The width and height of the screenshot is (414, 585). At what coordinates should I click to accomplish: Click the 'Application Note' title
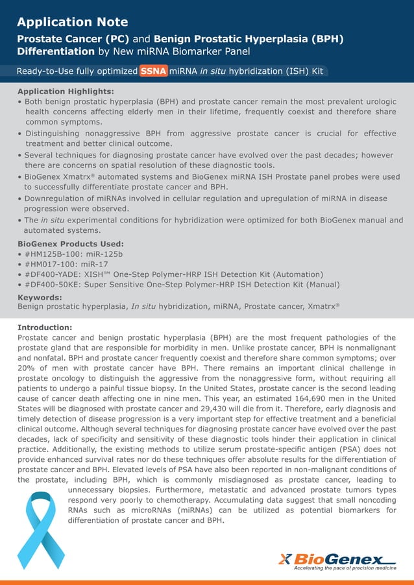click(72, 22)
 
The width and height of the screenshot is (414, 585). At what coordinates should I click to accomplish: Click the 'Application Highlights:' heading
click(66, 91)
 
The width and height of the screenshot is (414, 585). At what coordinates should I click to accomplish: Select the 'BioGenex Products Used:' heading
click(71, 244)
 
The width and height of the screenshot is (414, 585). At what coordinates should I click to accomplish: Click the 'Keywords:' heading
click(40, 296)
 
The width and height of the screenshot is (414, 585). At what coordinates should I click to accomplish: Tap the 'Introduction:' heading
click(45, 328)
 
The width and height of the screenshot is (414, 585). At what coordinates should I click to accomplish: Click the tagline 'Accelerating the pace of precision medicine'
click(345, 568)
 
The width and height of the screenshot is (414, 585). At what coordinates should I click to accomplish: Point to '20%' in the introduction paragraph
click(29, 368)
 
